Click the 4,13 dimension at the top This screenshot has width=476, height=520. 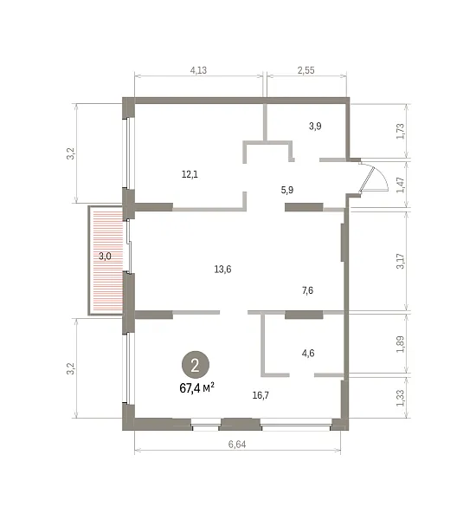click(198, 70)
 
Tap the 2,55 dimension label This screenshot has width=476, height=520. click(306, 70)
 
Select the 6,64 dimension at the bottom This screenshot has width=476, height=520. click(237, 444)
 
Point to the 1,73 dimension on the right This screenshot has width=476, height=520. click(400, 131)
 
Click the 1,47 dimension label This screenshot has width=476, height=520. click(400, 185)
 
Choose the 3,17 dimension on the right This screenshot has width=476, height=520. click(400, 261)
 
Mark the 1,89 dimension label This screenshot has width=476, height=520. click(400, 344)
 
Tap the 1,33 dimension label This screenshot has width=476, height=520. click(400, 398)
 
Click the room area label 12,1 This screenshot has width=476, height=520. click(190, 174)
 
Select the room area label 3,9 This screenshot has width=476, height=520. click(315, 126)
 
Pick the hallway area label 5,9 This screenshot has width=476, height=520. click(287, 190)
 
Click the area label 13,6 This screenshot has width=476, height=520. click(222, 270)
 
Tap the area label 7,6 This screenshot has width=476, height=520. click(308, 290)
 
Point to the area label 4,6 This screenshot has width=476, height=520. click(308, 354)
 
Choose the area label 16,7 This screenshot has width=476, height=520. click(261, 395)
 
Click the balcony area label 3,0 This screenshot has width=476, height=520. click(105, 257)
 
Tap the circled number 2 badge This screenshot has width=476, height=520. click(195, 366)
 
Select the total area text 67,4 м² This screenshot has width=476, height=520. click(196, 387)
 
